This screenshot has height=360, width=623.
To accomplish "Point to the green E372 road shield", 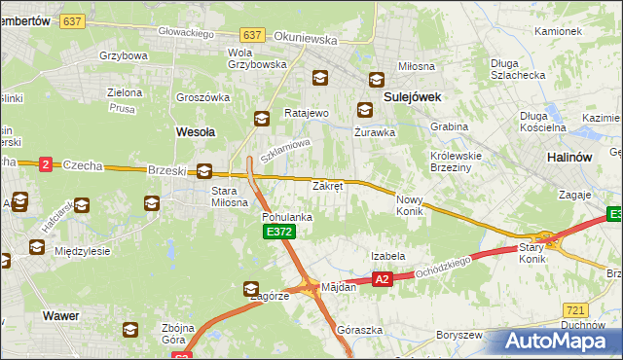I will [x=275, y=232].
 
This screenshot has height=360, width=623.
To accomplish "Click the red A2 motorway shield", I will [x=382, y=279].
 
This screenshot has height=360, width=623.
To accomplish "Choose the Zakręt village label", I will [x=327, y=185].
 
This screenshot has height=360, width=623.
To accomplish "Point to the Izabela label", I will [x=387, y=256].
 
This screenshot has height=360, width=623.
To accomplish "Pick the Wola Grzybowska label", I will [x=256, y=58].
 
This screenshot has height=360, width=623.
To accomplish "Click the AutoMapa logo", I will [x=557, y=342].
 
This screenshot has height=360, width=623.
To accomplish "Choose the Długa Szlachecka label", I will [x=515, y=68].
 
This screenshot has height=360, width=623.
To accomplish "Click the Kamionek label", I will [x=558, y=31].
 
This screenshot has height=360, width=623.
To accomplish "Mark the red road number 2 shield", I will [x=45, y=164].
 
